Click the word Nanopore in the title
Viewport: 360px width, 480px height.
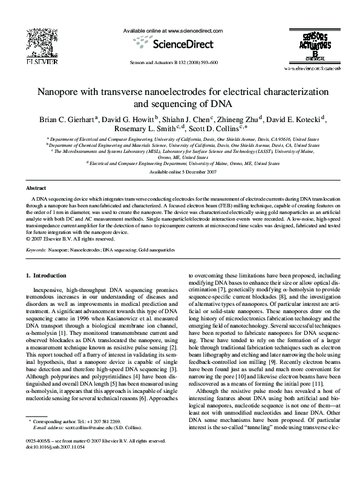[x=70, y=93]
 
